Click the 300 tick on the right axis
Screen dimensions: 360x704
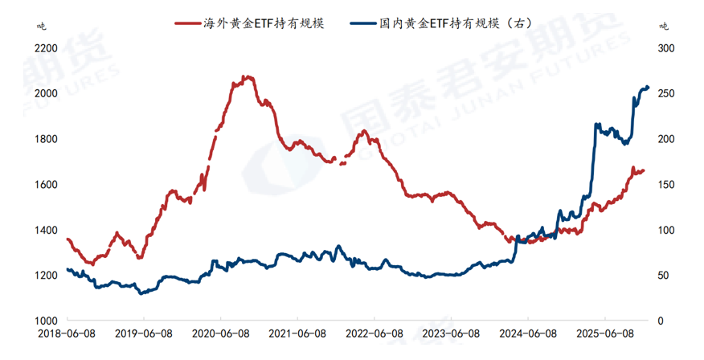[x=666, y=48]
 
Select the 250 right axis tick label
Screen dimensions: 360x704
[x=666, y=94]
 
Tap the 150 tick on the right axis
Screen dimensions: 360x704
[x=666, y=185]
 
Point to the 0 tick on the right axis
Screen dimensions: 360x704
[x=661, y=321]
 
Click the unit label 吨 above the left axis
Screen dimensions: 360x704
[x=43, y=25]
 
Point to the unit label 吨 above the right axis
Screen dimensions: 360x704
[x=663, y=25]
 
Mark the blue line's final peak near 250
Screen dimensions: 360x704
[x=646, y=87]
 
